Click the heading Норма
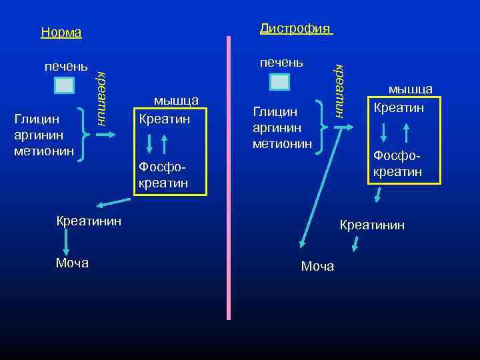coord(61,33)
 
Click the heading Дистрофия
coord(295,28)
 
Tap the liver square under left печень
coord(65,85)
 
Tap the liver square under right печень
coord(280,82)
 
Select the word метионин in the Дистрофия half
coord(281,142)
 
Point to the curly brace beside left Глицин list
coord(85,133)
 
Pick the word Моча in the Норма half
coord(72,263)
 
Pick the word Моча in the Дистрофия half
coord(317,267)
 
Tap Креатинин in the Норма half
coord(89,221)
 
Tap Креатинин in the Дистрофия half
coord(372,225)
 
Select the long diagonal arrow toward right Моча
coord(318,193)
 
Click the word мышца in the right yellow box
coord(411,89)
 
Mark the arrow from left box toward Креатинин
coord(113,202)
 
